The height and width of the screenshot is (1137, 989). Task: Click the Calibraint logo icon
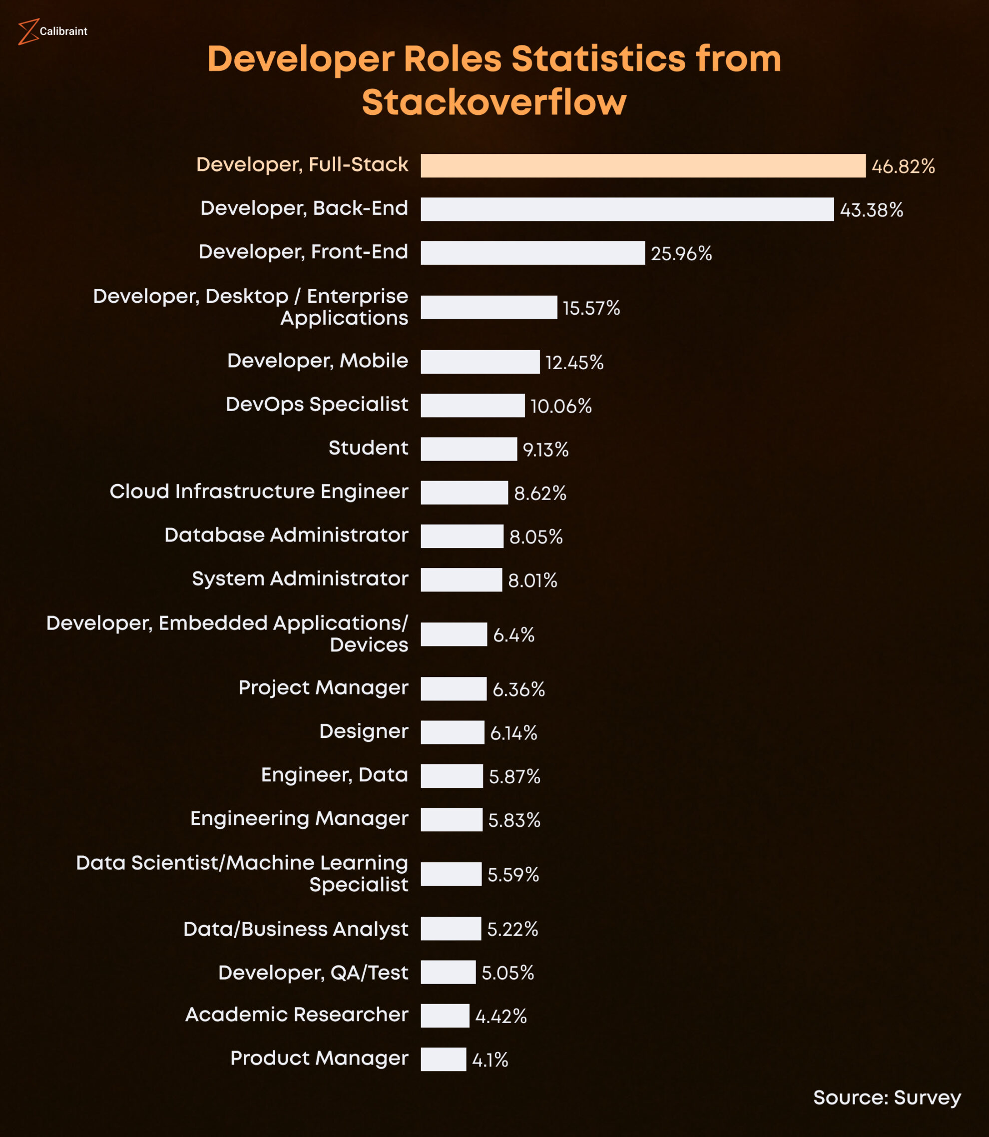click(27, 31)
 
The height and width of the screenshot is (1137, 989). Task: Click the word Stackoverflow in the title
click(494, 103)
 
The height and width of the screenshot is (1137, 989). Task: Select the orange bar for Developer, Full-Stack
click(643, 165)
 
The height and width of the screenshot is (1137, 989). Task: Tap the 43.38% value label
click(872, 210)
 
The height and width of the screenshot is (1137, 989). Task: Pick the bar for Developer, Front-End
click(532, 253)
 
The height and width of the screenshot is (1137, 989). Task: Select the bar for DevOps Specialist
click(473, 406)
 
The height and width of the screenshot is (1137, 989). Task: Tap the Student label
click(368, 448)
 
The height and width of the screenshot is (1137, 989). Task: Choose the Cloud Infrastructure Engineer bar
click(464, 493)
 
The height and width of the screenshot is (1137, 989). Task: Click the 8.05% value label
click(536, 537)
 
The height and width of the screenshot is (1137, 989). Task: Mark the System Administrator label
click(300, 578)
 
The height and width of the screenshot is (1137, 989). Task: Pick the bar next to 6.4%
click(454, 634)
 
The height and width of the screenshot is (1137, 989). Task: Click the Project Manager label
click(323, 688)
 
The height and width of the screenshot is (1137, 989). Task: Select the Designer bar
click(452, 732)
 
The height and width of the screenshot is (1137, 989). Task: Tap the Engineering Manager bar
click(452, 820)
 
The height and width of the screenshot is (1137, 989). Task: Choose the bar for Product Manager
click(443, 1059)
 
